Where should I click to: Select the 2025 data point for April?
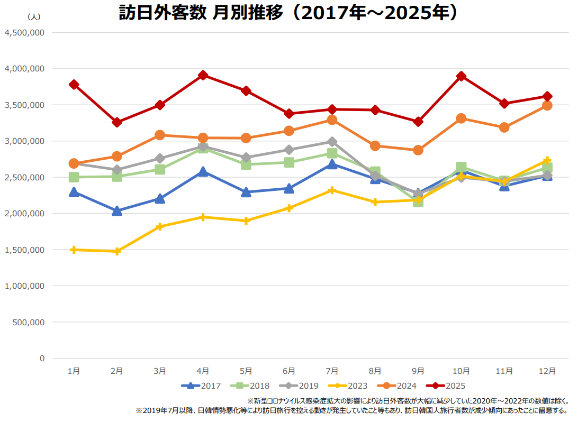coord(203,75)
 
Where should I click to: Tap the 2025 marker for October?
coord(461,76)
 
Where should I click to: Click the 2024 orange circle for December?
coord(547,105)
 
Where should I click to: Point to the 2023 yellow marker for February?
coord(117,251)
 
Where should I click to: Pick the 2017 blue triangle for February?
coord(117,211)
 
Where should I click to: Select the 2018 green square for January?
coord(74,177)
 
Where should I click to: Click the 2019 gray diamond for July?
coord(332,142)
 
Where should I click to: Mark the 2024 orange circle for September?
coord(418,150)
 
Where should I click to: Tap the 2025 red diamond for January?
coord(74,85)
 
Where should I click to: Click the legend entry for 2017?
coord(201,386)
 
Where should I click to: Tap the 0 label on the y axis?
coord(42,358)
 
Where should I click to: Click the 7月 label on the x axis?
coord(332,371)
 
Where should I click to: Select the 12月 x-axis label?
coord(547,371)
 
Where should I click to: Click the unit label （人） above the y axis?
coord(33,17)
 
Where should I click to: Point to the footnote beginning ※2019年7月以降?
coord(352,410)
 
